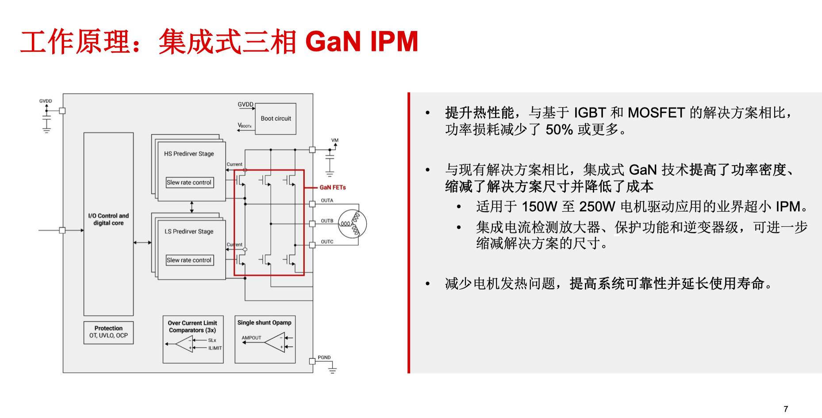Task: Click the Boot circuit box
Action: point(276,119)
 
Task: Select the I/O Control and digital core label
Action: point(108,219)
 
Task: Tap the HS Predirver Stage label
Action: point(189,154)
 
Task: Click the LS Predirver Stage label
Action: point(189,231)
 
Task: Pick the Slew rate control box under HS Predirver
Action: point(190,182)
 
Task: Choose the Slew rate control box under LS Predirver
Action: point(190,260)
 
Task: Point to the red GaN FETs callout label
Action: point(333,187)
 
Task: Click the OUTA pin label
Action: point(327,201)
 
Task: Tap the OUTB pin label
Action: point(327,221)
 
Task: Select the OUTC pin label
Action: point(327,242)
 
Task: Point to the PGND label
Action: point(324,357)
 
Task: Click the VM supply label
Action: point(335,140)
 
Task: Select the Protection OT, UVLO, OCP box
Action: point(108,332)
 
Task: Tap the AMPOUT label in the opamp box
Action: point(251,338)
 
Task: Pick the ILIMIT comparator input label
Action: point(215,348)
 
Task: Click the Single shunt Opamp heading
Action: point(265,323)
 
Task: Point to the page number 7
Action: point(786,409)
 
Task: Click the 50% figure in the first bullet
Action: point(559,130)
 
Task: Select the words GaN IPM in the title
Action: point(361,42)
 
